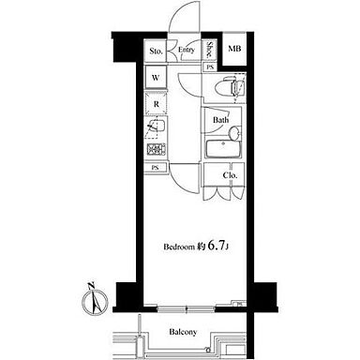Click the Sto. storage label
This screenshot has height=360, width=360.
coord(156,51)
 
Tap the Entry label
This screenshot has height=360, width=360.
coord(187,50)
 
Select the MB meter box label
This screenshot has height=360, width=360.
coord(234,49)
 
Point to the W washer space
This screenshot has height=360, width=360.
coord(156,77)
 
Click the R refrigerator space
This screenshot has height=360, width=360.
coord(156,104)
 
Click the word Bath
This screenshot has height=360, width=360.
coord(220,120)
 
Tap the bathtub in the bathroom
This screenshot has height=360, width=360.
coord(223,149)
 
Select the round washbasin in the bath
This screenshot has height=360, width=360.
coord(234,133)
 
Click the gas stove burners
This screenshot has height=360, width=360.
coord(156,149)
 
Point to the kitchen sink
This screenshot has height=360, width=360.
coord(156,127)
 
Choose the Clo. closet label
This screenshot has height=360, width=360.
coord(230,175)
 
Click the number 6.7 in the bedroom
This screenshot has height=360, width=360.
coord(216,246)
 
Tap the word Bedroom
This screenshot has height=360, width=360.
coord(179,247)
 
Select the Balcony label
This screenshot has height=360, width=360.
coord(183,332)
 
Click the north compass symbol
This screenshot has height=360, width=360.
coord(95,302)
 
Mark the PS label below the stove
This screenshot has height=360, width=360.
coord(155,168)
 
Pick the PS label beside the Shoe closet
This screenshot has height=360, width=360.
coord(210,67)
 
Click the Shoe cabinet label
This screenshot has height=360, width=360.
coord(209,50)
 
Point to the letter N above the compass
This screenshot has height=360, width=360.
coord(91,286)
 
